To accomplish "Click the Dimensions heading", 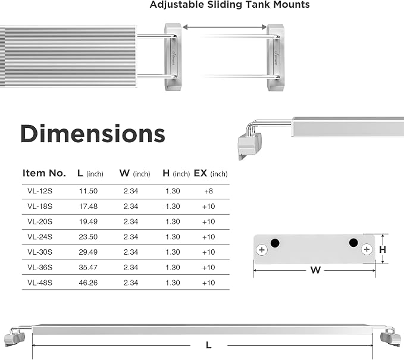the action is click(92, 133).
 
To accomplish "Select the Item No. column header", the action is click(44, 173).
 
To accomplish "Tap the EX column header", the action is click(211, 173).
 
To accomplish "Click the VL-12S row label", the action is click(40, 191).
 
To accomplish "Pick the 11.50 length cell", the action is click(88, 191).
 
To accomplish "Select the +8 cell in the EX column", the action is click(208, 191).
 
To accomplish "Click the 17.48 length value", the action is click(88, 206).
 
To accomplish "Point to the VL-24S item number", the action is click(40, 237).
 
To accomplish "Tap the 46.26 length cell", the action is click(88, 283).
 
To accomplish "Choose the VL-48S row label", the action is click(40, 283).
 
